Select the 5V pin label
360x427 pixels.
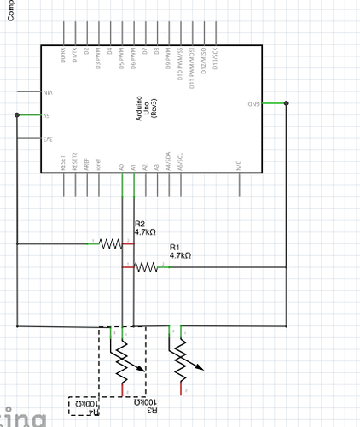pos(46,115)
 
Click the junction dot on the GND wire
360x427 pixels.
pos(287,103)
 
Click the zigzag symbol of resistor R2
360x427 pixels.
pos(111,244)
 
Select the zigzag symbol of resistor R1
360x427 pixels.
pos(146,267)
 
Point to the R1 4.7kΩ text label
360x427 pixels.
pos(180,250)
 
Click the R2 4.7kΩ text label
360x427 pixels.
pos(145,227)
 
